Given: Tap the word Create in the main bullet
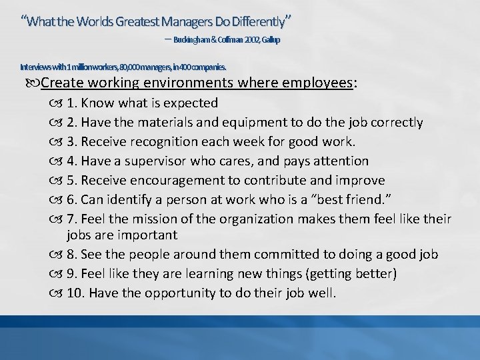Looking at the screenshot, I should pyautogui.click(x=61, y=83).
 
